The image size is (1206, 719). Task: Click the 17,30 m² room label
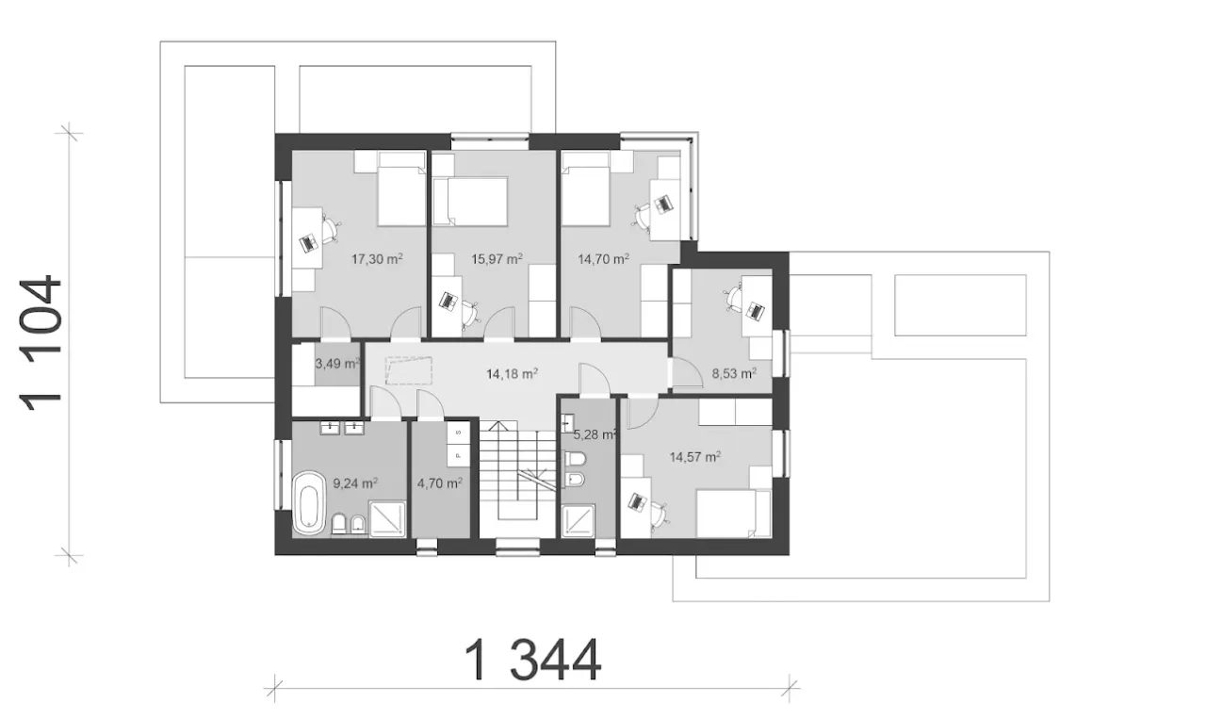pyautogui.click(x=377, y=259)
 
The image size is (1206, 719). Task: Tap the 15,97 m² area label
pyautogui.click(x=497, y=259)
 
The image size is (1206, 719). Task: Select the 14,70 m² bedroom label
pyautogui.click(x=604, y=259)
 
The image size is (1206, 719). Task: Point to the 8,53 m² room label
pyautogui.click(x=734, y=373)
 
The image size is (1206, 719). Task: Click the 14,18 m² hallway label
pyautogui.click(x=512, y=373)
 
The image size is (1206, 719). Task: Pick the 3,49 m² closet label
pyautogui.click(x=337, y=364)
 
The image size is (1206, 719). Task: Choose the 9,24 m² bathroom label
pyautogui.click(x=355, y=483)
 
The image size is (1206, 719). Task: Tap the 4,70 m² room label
pyautogui.click(x=439, y=483)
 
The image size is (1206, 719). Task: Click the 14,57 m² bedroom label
pyautogui.click(x=695, y=457)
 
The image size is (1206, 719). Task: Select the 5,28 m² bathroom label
pyautogui.click(x=595, y=434)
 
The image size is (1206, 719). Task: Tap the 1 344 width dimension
pyautogui.click(x=532, y=661)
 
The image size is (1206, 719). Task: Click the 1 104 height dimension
pyautogui.click(x=40, y=343)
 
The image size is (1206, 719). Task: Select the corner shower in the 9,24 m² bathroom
pyautogui.click(x=387, y=518)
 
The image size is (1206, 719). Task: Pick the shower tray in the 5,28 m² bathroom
pyautogui.click(x=579, y=520)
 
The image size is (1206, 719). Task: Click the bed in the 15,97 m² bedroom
pyautogui.click(x=470, y=202)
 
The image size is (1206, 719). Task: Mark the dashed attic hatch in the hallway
pyautogui.click(x=409, y=370)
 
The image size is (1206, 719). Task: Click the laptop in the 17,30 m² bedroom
pyautogui.click(x=309, y=243)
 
